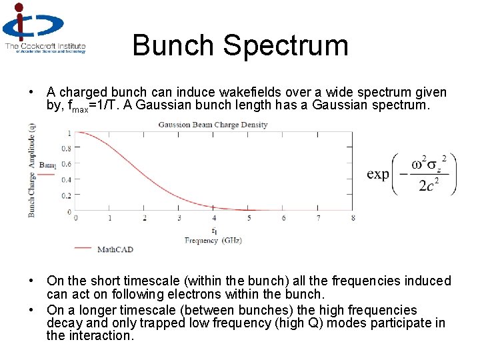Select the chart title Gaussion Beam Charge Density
[x=213, y=125]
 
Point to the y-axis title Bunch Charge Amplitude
[x=31, y=172]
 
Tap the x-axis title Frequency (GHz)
[x=213, y=241]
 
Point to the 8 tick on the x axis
[x=353, y=218]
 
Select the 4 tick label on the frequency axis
[x=213, y=218]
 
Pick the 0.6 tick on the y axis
[x=66, y=164]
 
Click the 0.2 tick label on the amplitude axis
[x=66, y=196]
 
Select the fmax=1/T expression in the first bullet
[x=89, y=106]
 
